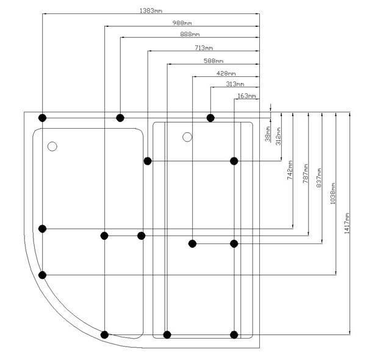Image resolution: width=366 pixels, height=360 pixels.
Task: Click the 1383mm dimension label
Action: click(150, 11)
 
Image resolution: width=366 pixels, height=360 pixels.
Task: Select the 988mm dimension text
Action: click(181, 23)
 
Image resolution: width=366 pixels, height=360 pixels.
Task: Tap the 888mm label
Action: click(189, 34)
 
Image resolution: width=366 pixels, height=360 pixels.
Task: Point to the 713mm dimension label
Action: click(204, 48)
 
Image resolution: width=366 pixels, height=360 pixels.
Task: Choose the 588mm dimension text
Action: click(213, 60)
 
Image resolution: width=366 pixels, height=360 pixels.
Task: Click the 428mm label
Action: click(226, 73)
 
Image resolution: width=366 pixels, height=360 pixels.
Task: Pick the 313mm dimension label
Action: click(235, 84)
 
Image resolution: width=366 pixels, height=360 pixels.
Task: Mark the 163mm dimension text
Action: click(246, 96)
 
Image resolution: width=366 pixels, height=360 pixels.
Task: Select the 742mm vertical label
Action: click(290, 169)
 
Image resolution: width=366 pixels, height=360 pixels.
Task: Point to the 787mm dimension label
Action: click(305, 172)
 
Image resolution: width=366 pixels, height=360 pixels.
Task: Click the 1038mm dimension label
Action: click(332, 193)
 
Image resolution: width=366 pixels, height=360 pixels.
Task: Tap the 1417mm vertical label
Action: click(347, 223)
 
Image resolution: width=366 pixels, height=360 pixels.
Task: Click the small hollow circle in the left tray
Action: click(52, 146)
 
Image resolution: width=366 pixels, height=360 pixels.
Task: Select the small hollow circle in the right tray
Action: click(187, 137)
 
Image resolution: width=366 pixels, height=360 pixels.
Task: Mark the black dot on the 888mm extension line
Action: click(120, 117)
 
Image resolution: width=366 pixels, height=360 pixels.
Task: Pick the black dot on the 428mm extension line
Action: click(192, 243)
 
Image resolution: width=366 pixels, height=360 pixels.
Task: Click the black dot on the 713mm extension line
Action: click(148, 161)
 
